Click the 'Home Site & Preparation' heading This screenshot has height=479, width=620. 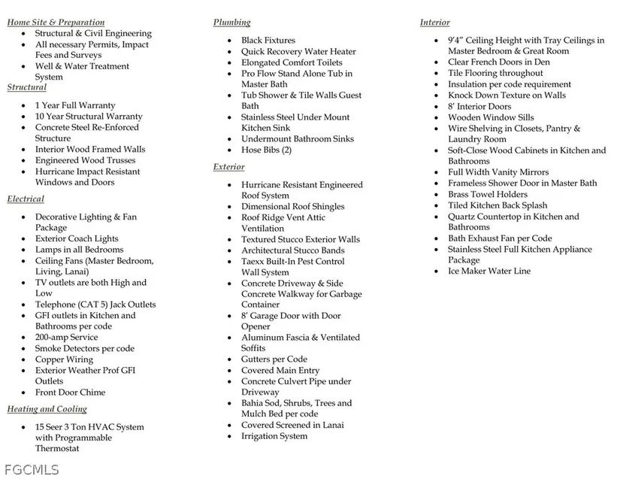56,23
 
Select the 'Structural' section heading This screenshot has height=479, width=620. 27,88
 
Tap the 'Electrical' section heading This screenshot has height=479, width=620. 26,199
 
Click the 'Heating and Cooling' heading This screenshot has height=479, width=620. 47,409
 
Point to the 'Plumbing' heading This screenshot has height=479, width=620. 232,23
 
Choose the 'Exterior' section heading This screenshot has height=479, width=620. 229,167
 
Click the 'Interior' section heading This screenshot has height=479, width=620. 435,23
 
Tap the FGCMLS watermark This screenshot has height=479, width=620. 30,469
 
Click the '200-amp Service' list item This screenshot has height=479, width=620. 66,338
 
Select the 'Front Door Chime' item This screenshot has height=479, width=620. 70,393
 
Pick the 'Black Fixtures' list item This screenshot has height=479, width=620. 268,41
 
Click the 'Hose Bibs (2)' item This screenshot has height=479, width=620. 266,150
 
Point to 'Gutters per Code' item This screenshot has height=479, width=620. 274,359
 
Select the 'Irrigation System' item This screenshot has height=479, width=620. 274,436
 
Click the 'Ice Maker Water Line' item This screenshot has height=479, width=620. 489,271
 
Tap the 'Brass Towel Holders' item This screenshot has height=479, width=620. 488,194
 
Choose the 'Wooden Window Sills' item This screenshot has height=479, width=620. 491,117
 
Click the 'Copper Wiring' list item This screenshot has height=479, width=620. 64,359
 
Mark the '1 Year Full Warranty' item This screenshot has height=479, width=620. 75,106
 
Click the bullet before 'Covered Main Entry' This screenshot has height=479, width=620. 231,371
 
